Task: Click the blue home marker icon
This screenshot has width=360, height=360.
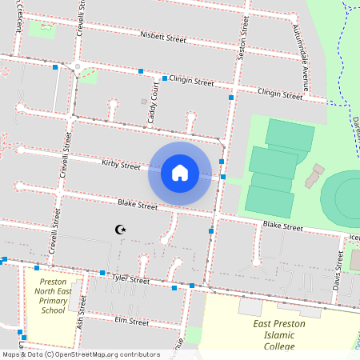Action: pos(179,173)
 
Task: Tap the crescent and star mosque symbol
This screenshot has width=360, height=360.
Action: pos(121,230)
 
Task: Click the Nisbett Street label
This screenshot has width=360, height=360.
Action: pos(163,38)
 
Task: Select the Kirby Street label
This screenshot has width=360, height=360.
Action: pos(121,165)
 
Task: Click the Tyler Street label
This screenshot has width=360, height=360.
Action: pos(130,280)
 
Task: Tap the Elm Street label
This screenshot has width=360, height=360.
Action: pos(132,322)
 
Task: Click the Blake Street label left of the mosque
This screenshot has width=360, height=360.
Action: pos(138,206)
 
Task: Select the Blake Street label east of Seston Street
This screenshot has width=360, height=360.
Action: pos(282,227)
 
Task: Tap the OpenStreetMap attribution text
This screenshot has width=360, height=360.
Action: pos(80,354)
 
